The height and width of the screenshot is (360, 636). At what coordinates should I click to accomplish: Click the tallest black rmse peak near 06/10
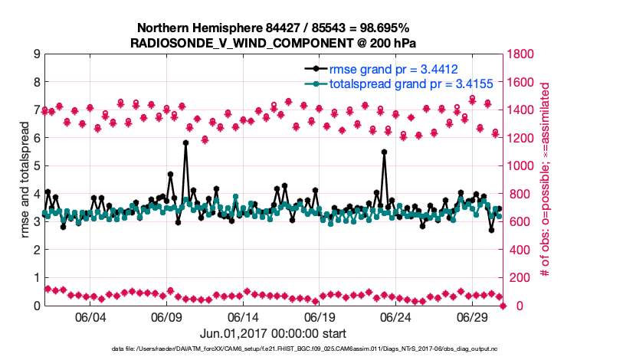185,142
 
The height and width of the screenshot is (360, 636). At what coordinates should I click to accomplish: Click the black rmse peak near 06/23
384,152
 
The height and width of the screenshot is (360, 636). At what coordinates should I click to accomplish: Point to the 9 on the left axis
36,54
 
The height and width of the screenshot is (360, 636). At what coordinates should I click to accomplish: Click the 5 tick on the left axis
36,166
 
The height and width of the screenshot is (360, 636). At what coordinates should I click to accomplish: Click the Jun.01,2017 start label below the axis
273,333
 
